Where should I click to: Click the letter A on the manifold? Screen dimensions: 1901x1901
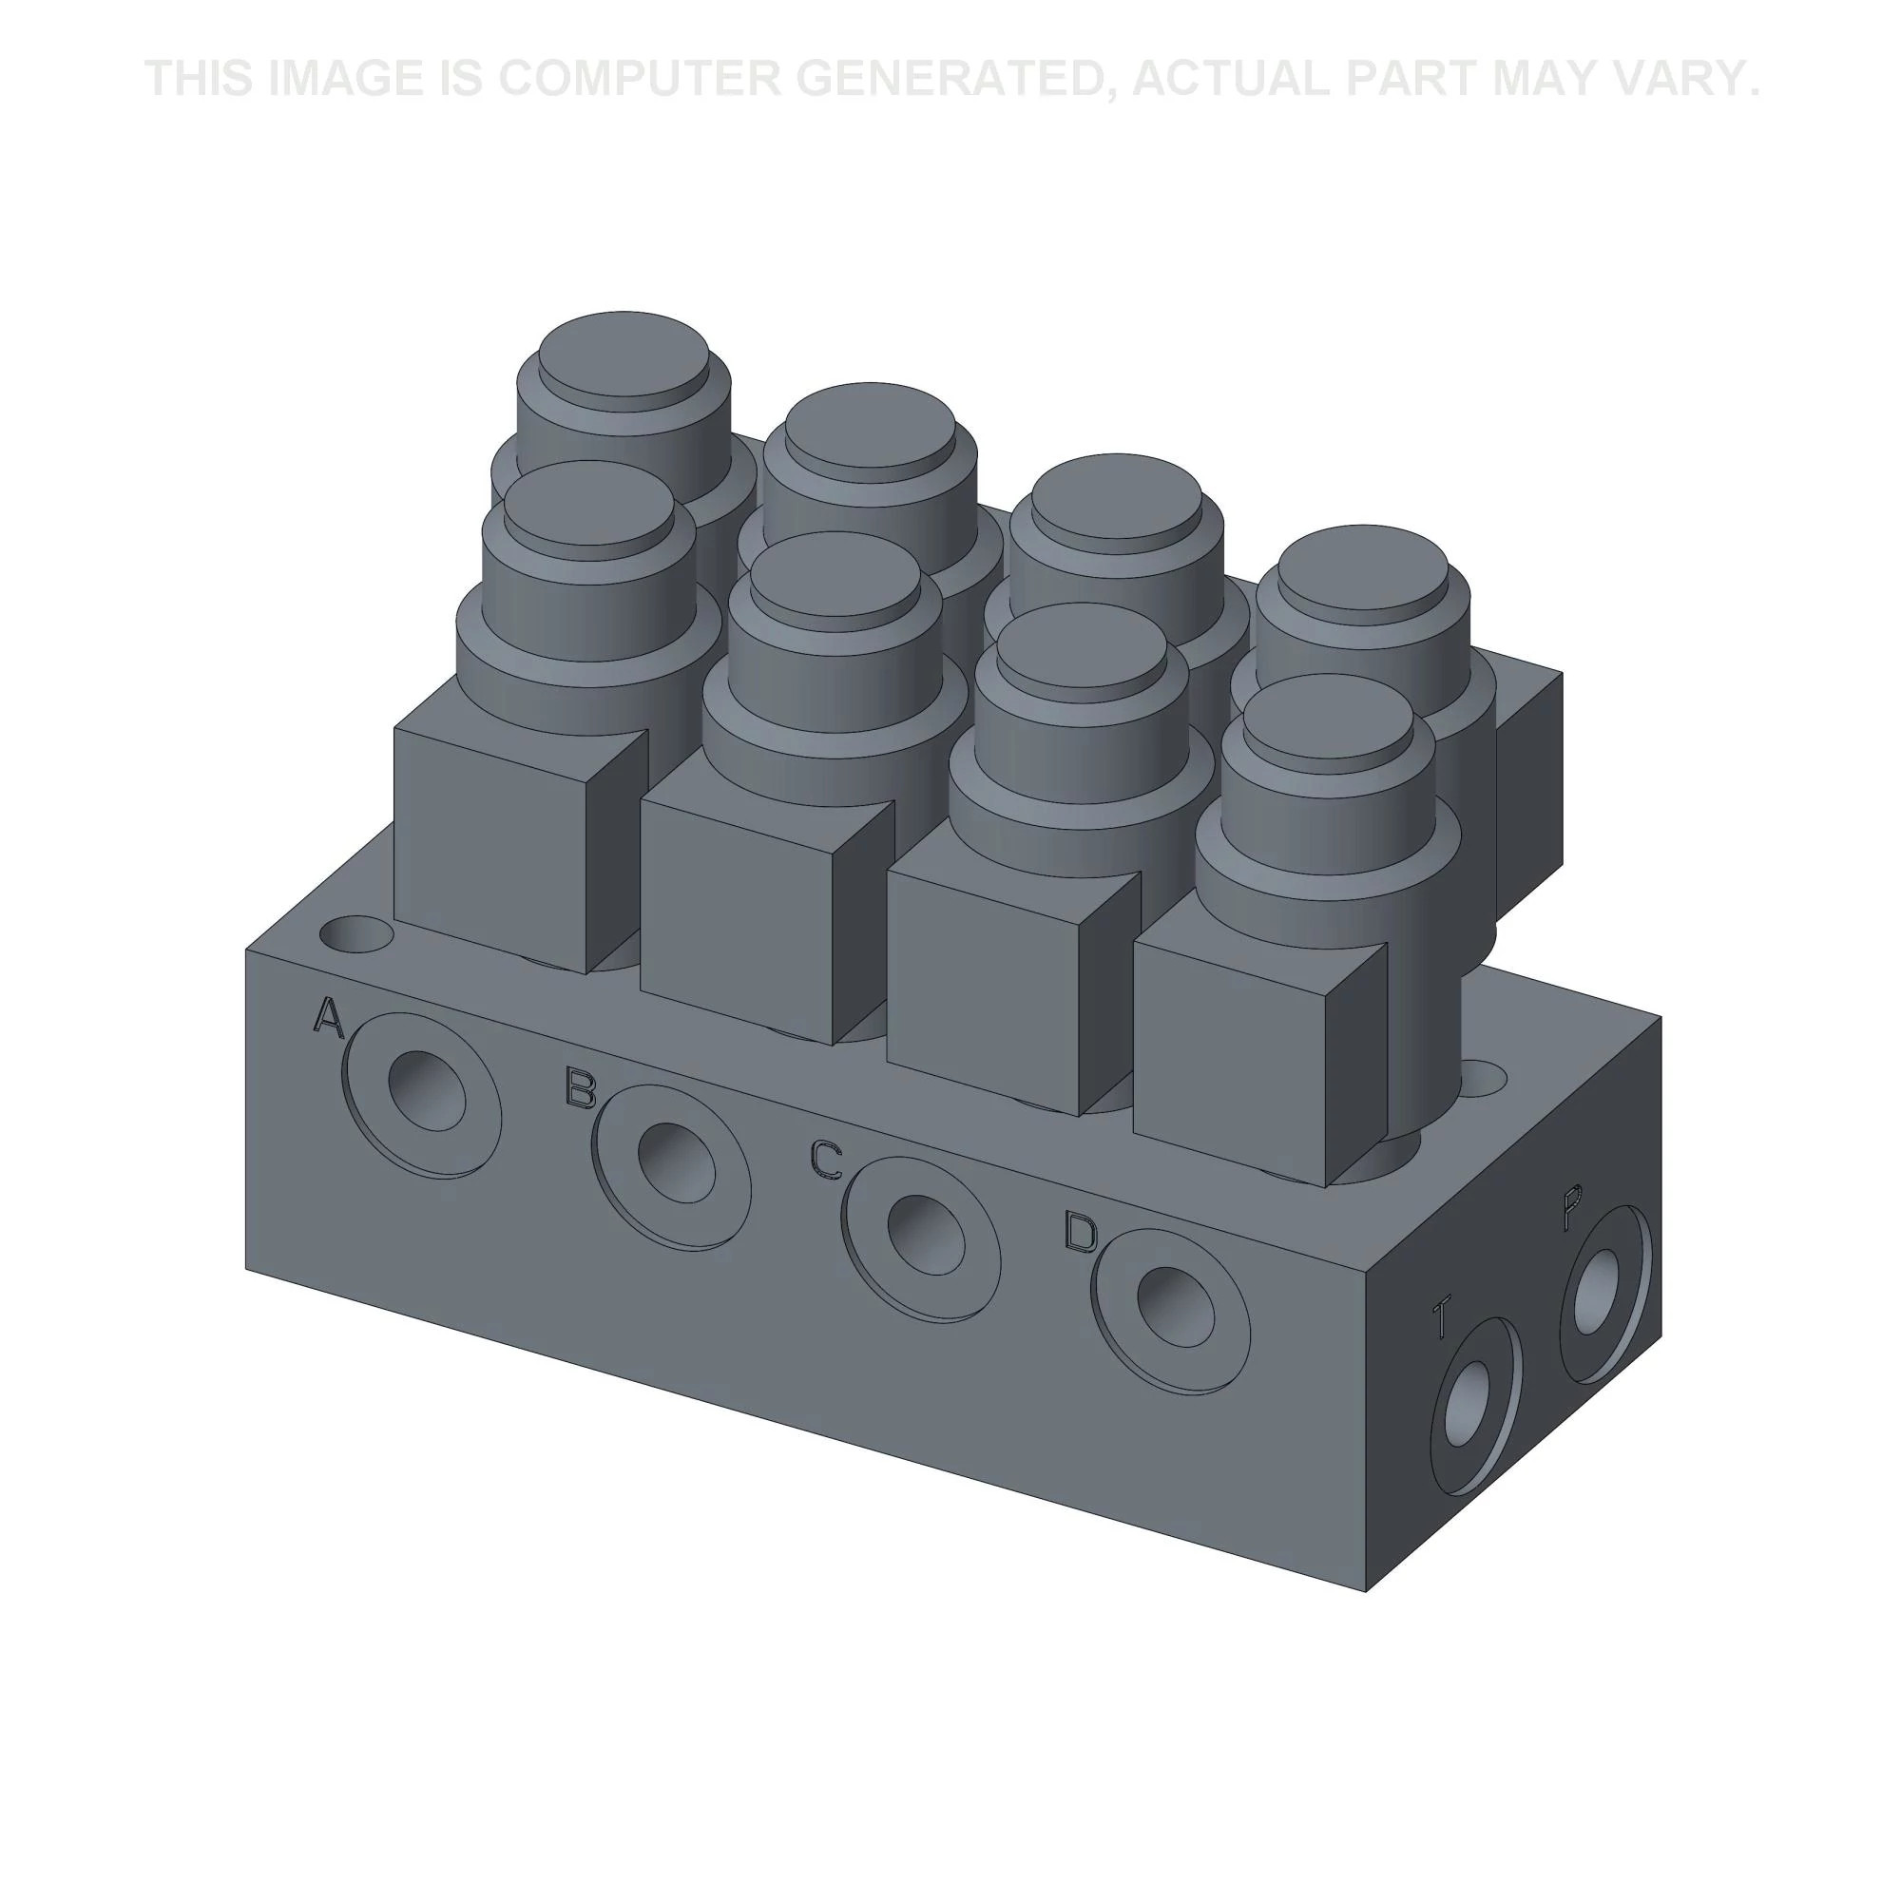(329, 1016)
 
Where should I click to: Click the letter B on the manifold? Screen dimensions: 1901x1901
(581, 1087)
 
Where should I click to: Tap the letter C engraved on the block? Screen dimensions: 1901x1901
(826, 1158)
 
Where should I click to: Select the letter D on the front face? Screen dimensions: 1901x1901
(1081, 1232)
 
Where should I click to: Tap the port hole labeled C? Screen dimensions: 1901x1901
(925, 1234)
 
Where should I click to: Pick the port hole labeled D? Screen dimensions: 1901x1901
(1174, 1306)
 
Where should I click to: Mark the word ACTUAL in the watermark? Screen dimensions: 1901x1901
(1231, 79)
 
